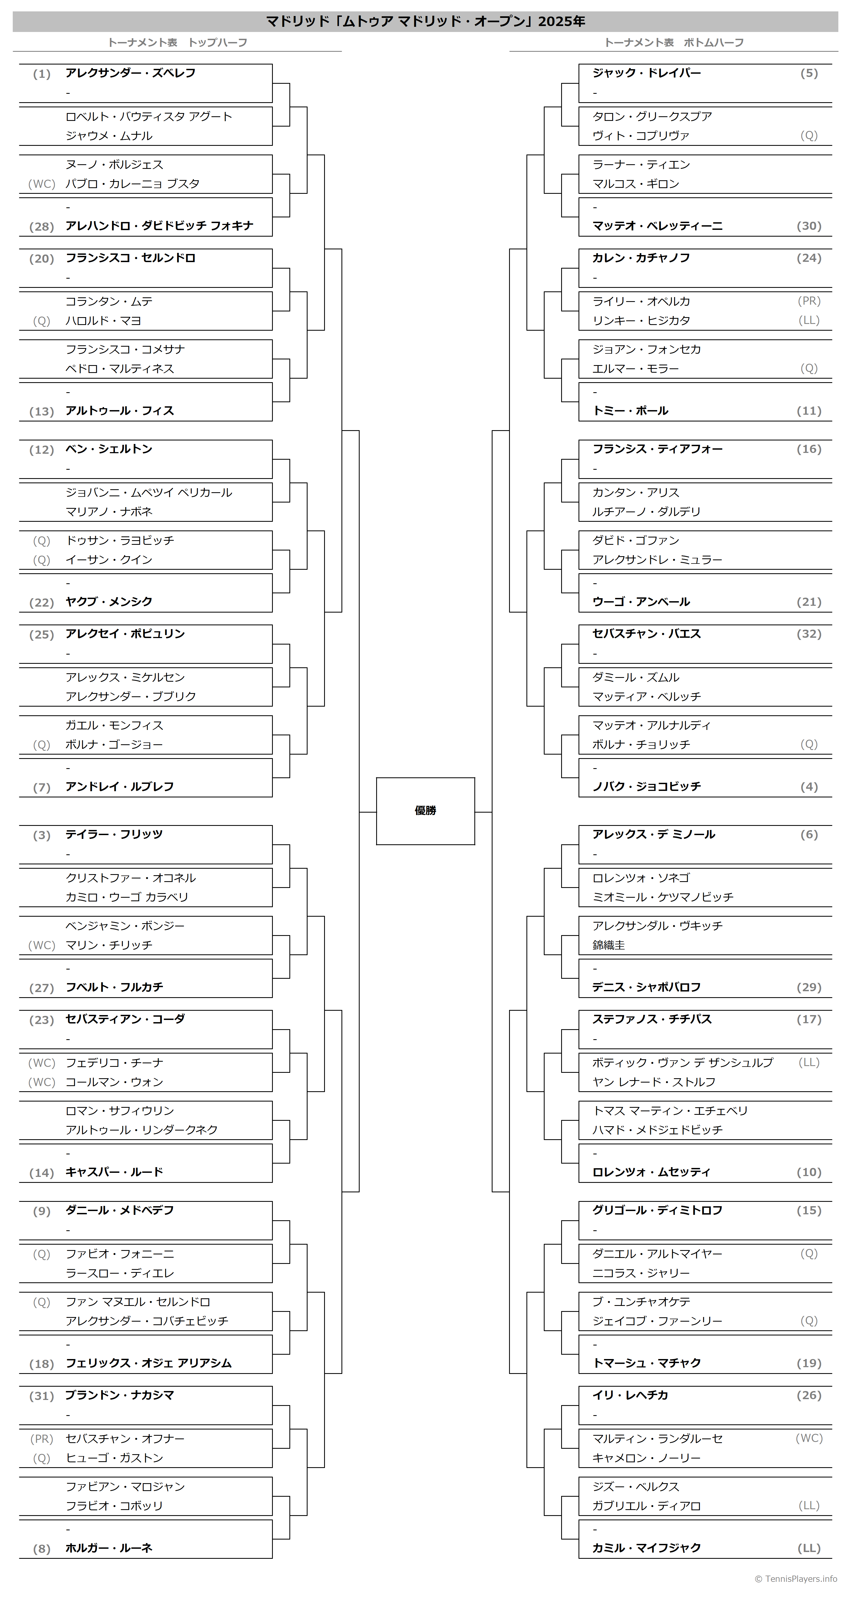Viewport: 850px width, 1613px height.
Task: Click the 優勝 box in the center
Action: click(x=425, y=811)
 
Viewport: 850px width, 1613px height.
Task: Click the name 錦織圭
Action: click(x=609, y=945)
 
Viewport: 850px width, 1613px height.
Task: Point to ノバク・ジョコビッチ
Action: click(x=646, y=787)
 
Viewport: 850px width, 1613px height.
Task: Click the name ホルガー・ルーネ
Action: click(x=109, y=1548)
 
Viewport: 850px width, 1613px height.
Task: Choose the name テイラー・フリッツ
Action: click(x=114, y=834)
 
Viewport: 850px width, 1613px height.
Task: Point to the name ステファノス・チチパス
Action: click(x=652, y=1019)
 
